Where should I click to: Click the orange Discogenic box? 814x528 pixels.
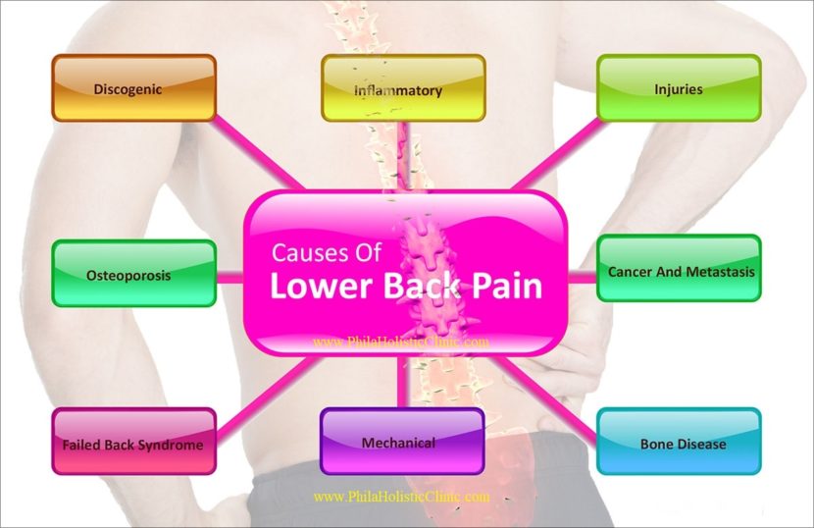[x=133, y=88]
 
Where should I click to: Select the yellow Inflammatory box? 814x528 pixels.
[x=403, y=88]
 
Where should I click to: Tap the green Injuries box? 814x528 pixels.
[x=678, y=88]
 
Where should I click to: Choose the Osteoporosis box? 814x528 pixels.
[x=133, y=274]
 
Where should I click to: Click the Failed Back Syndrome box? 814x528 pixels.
[x=133, y=443]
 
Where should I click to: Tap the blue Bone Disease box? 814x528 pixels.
[x=679, y=443]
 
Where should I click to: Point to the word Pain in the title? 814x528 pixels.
[x=503, y=287]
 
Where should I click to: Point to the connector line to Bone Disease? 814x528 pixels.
[x=554, y=393]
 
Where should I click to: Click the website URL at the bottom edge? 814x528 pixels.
[x=401, y=497]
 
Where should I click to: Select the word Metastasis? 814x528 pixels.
[x=719, y=271]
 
